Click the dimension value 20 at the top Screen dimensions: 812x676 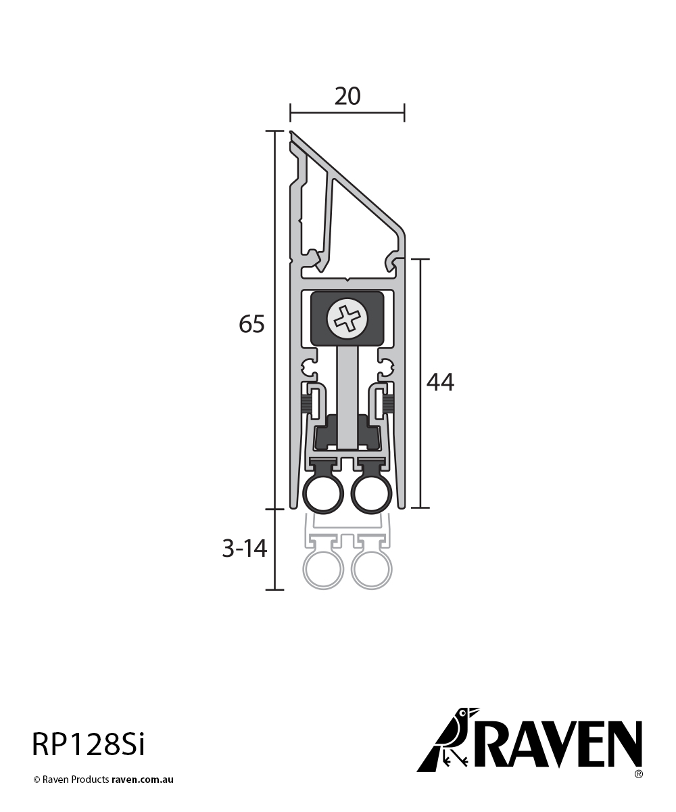point(347,97)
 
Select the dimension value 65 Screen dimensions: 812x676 point(251,325)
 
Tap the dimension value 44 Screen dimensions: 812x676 point(440,382)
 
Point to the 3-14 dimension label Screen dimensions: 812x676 point(245,549)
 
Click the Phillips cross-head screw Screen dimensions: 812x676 point(347,319)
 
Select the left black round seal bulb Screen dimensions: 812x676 point(322,495)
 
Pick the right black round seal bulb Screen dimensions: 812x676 point(371,495)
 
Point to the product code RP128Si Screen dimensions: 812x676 point(88,745)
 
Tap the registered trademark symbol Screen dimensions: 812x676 point(638,773)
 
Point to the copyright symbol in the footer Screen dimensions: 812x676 point(37,780)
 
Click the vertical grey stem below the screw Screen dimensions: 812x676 point(347,392)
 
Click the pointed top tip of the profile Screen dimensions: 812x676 point(291,133)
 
